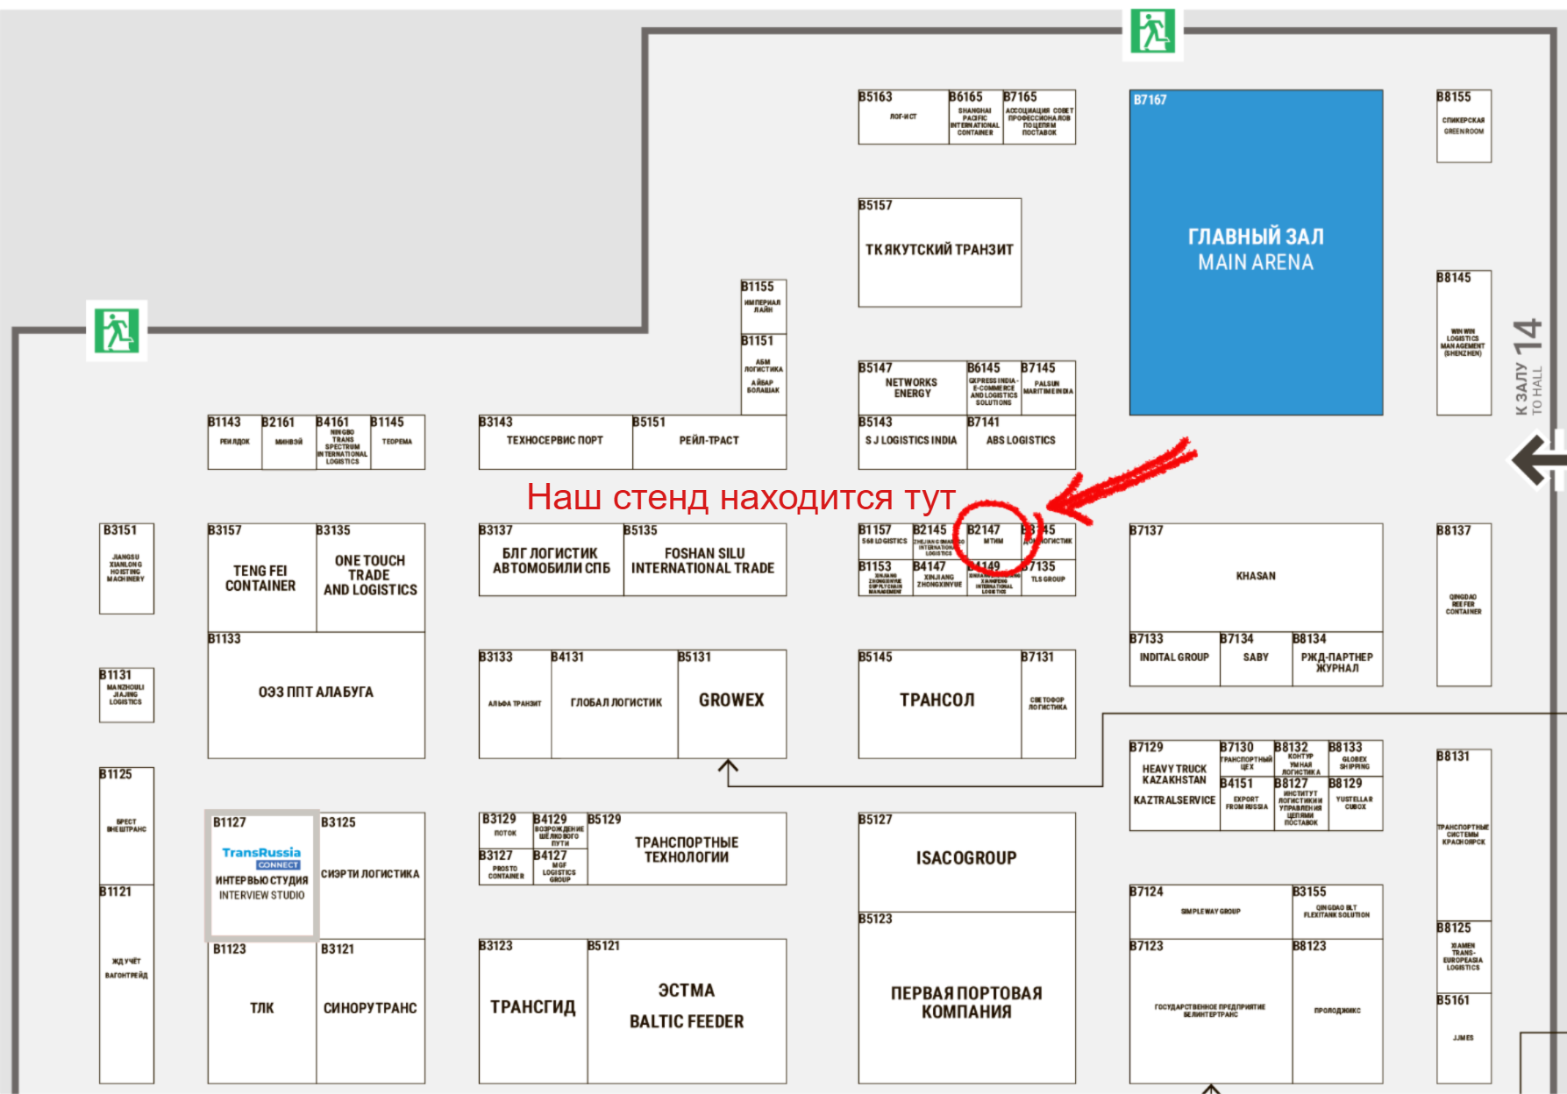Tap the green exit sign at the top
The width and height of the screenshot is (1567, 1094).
(x=1152, y=32)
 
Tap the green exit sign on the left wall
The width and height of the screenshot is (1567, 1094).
(x=117, y=330)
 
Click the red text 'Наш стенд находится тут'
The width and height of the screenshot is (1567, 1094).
(x=740, y=497)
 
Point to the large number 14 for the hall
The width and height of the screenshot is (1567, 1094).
(x=1527, y=336)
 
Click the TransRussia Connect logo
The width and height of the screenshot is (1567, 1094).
(x=261, y=857)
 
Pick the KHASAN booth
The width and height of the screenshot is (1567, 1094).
(x=1256, y=577)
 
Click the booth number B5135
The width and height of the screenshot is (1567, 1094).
(x=640, y=530)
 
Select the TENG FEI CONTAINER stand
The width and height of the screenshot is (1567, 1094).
(x=260, y=578)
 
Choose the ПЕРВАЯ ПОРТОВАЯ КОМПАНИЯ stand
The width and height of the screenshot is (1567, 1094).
(x=966, y=1002)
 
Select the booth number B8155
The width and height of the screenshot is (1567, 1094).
(x=1453, y=97)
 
